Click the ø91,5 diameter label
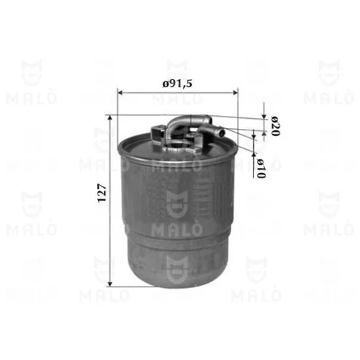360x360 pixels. tap(177, 84)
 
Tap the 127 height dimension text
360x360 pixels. tap(102, 193)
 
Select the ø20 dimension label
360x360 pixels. tap(276, 126)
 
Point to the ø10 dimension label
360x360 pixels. tap(261, 168)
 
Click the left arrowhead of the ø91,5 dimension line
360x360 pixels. tap(120, 92)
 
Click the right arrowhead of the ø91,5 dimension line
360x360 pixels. tap(235, 92)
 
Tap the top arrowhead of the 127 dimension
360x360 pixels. tap(110, 117)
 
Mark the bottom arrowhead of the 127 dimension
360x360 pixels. tap(110, 284)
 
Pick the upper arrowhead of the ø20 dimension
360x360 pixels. tap(264, 116)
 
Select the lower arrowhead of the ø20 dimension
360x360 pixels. tap(264, 133)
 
